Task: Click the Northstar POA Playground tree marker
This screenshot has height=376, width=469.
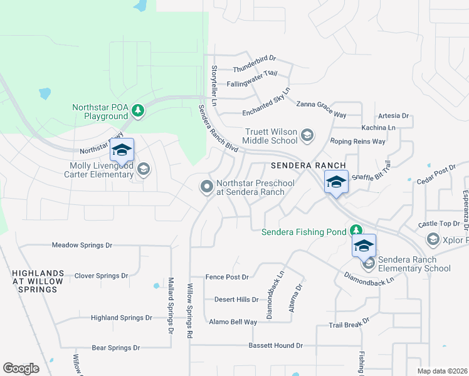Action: (x=139, y=111)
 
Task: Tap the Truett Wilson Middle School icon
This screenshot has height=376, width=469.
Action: (x=307, y=135)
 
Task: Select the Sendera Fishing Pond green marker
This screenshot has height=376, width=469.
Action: (x=356, y=231)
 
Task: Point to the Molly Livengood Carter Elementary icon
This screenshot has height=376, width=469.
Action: (x=144, y=169)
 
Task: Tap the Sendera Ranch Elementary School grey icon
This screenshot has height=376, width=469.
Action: (x=369, y=263)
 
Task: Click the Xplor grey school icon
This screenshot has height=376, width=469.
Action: (x=433, y=239)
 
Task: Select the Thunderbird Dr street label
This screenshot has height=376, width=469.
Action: (x=255, y=59)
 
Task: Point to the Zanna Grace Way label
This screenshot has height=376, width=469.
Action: (x=322, y=105)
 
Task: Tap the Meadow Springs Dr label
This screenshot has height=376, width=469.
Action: (x=82, y=245)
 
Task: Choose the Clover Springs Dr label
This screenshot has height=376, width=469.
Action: (x=101, y=276)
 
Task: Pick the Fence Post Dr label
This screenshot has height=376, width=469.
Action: (x=228, y=277)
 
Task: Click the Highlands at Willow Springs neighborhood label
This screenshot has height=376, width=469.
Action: (x=38, y=281)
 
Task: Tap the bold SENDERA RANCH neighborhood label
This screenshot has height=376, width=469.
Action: (x=300, y=166)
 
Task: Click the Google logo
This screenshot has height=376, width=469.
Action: (x=21, y=368)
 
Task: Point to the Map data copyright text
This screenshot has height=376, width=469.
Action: (x=442, y=371)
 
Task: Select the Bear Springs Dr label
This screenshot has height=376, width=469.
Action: (x=115, y=347)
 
